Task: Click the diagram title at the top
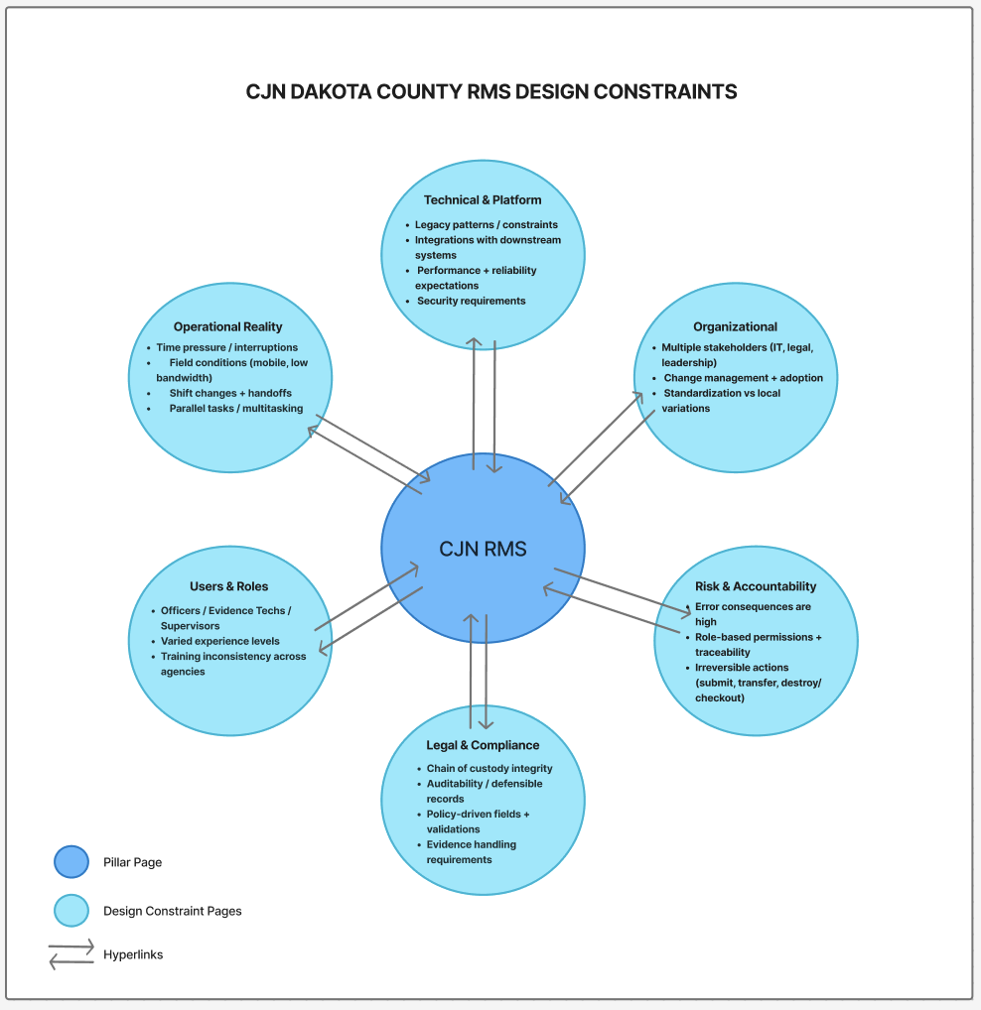pos(491,92)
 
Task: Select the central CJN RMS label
pos(483,549)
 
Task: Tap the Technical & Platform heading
pos(483,200)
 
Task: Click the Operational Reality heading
pos(227,326)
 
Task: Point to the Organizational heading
pos(735,326)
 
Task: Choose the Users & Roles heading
pos(228,586)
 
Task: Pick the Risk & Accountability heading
pos(756,586)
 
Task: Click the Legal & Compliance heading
pos(483,745)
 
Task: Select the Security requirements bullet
pos(471,301)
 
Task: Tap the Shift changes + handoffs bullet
pos(229,393)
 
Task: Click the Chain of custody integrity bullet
pos(490,768)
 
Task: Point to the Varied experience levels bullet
pos(220,641)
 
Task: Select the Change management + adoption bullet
pos(743,378)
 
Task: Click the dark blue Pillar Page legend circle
pos(71,862)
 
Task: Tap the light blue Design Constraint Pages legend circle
pos(71,911)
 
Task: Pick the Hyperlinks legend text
pos(133,954)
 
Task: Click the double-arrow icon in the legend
pos(71,954)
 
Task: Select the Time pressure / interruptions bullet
pos(226,348)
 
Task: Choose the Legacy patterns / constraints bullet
pos(486,225)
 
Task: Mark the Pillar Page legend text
pos(132,862)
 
